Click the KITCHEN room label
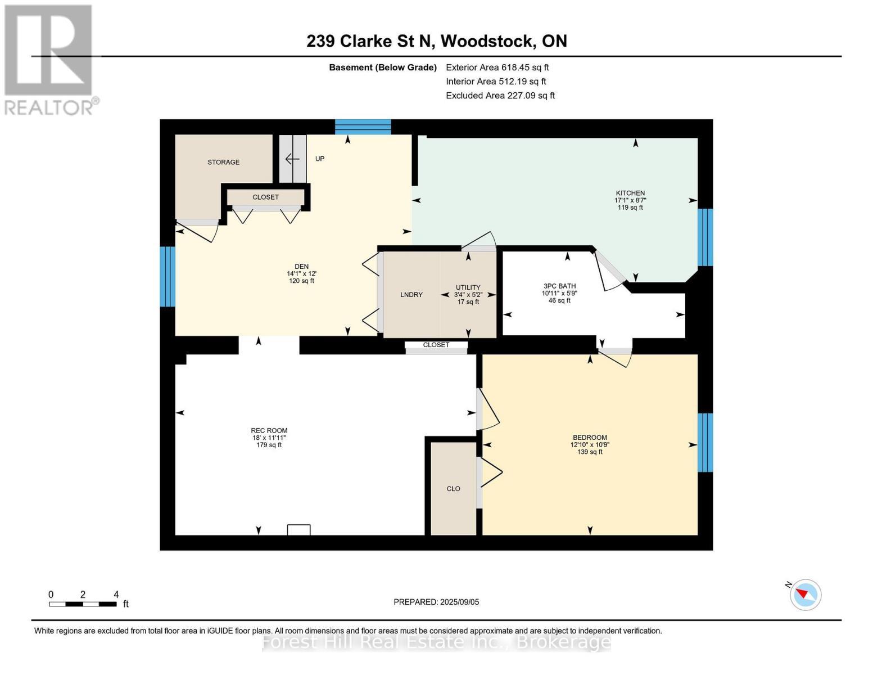[x=630, y=193]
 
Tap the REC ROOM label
[x=269, y=430]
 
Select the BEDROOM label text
[x=590, y=438]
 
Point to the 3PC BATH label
[x=559, y=286]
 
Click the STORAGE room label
[x=223, y=162]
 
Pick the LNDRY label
[x=411, y=295]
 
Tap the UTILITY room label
[x=468, y=287]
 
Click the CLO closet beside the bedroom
[x=454, y=488]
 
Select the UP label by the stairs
[x=320, y=159]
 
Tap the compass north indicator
[x=806, y=594]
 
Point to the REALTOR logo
[x=49, y=60]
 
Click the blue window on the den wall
[x=168, y=277]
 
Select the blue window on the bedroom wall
[x=705, y=442]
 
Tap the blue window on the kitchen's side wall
[x=705, y=237]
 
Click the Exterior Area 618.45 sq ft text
[x=497, y=67]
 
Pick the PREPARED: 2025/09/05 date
[x=436, y=602]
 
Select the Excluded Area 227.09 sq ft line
[x=500, y=96]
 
